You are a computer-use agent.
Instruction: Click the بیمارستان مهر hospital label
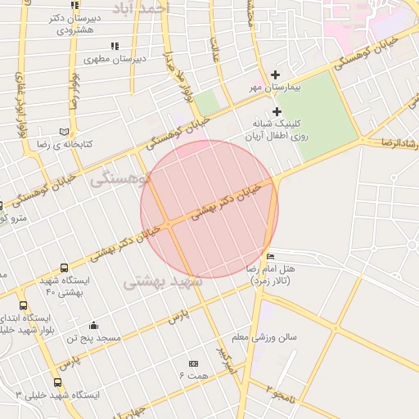pyautogui.click(x=276, y=86)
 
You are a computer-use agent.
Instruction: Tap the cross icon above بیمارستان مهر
pyautogui.click(x=276, y=74)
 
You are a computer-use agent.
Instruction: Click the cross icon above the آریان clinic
pyautogui.click(x=277, y=111)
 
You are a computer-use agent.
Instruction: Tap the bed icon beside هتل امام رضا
pyautogui.click(x=271, y=257)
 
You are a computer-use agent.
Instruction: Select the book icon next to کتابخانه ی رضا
pyautogui.click(x=65, y=131)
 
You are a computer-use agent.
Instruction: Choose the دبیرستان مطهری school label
pyautogui.click(x=116, y=59)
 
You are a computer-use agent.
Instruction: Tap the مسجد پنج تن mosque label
pyautogui.click(x=93, y=337)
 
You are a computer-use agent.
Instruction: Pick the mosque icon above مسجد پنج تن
pyautogui.click(x=93, y=325)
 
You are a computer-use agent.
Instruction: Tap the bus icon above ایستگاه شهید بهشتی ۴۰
pyautogui.click(x=65, y=268)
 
